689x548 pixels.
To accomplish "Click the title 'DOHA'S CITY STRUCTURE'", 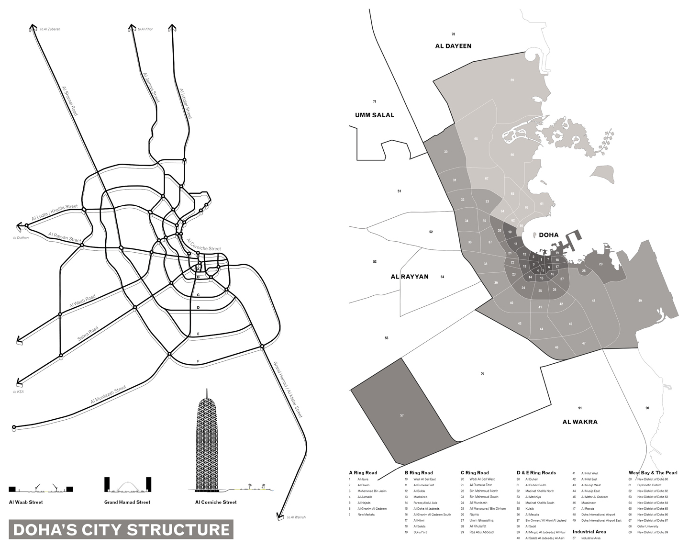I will pyautogui.click(x=122, y=530).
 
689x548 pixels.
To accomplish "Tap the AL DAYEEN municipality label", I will pyautogui.click(x=453, y=46).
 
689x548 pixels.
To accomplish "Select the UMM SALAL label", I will pyautogui.click(x=375, y=115).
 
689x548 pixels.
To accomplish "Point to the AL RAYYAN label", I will pyautogui.click(x=410, y=277).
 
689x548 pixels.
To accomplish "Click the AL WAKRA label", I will pyautogui.click(x=580, y=422).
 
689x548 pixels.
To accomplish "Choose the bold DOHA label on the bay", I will pyautogui.click(x=548, y=235).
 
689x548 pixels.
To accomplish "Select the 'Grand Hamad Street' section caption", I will pyautogui.click(x=127, y=502).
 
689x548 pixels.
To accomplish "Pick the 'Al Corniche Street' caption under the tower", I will pyautogui.click(x=216, y=502).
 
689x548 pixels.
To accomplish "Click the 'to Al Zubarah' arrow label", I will pyautogui.click(x=50, y=29).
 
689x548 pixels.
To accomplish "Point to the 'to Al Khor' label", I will pyautogui.click(x=145, y=29).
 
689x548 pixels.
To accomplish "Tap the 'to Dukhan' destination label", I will pyautogui.click(x=21, y=237).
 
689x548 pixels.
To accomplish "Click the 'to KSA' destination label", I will pyautogui.click(x=19, y=392).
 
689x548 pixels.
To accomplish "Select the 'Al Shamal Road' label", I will pyautogui.click(x=70, y=101).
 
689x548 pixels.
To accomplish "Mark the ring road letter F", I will pyautogui.click(x=198, y=361).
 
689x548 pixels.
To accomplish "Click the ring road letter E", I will pyautogui.click(x=198, y=334).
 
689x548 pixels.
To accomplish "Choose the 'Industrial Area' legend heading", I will pyautogui.click(x=589, y=531).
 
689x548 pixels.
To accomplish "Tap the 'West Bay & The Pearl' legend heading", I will pyautogui.click(x=653, y=473).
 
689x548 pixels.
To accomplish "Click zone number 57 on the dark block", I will pyautogui.click(x=402, y=415).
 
